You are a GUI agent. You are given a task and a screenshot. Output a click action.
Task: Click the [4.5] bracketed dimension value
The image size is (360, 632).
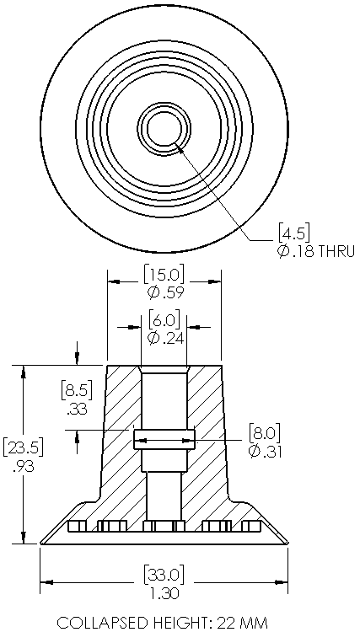[294, 233]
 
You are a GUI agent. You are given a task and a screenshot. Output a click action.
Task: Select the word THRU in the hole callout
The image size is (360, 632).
[337, 251]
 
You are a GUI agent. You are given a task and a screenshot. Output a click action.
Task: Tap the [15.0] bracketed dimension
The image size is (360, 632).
[164, 276]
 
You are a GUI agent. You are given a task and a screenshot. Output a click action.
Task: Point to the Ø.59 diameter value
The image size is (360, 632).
[166, 292]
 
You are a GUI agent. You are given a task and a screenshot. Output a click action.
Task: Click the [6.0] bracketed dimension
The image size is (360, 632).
[164, 321]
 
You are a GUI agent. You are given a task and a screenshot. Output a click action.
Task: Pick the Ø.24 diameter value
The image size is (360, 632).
[166, 338]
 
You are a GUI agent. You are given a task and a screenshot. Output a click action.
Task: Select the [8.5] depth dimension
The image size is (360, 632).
[77, 390]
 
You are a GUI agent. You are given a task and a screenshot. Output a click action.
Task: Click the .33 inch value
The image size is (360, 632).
[77, 410]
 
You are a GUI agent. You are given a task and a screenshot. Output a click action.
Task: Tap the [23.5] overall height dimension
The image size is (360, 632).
[24, 447]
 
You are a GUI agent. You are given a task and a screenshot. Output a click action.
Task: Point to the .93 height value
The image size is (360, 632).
[24, 467]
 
